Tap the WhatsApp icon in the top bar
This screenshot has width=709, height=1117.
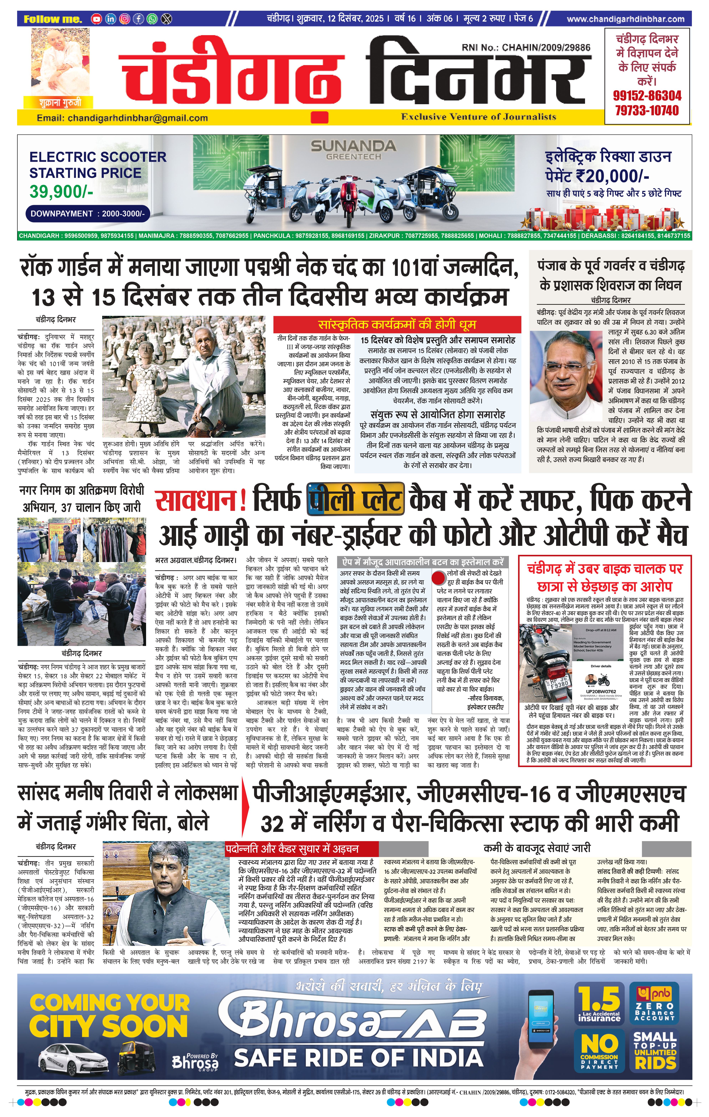click(x=152, y=19)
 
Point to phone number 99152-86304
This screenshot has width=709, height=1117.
click(x=647, y=96)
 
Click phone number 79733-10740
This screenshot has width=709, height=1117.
click(x=647, y=110)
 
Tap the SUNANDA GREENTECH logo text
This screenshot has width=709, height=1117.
click(x=353, y=149)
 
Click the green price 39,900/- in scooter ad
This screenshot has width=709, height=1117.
click(x=61, y=191)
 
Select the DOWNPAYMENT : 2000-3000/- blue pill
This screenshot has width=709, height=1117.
click(x=88, y=214)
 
